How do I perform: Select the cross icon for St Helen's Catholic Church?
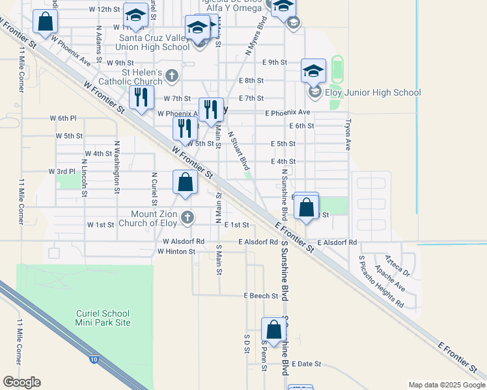[x=172, y=76]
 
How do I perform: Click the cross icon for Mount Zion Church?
[x=187, y=217]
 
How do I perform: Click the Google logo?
[x=21, y=382]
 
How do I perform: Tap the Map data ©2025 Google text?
[x=446, y=385]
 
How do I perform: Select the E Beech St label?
[x=261, y=296]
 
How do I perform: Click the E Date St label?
[x=307, y=364]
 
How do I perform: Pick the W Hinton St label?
[x=176, y=252]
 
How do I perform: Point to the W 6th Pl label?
[x=63, y=118]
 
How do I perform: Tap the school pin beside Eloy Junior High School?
[x=313, y=71]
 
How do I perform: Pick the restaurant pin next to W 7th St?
[x=141, y=97]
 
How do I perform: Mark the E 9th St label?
[x=275, y=62]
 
